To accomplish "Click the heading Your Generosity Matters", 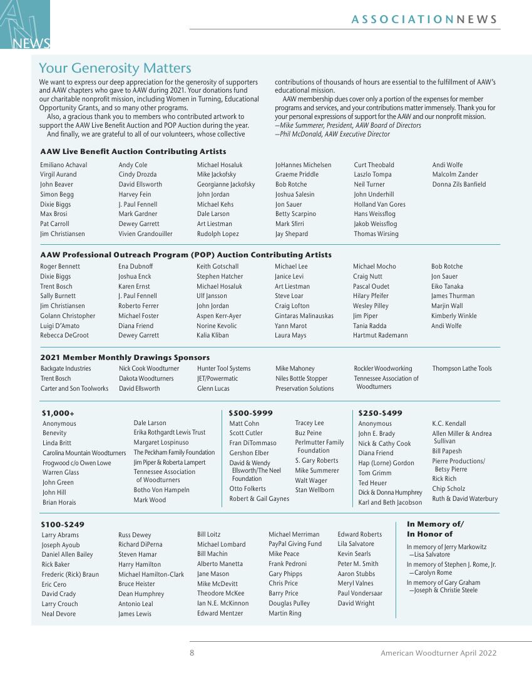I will [115, 68].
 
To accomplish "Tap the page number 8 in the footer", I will [192, 653].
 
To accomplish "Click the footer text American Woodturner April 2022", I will [438, 653].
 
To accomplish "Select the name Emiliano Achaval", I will [63, 165].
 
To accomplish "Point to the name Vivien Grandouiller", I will [145, 234].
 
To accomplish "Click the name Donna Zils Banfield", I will [459, 184].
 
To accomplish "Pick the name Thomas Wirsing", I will [376, 234].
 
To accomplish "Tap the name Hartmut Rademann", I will [380, 335].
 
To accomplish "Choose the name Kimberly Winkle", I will [454, 316].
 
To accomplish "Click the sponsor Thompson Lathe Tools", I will [462, 368].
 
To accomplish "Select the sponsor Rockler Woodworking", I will [383, 368].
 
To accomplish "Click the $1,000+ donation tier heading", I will [58, 413].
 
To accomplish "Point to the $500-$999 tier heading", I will [250, 413].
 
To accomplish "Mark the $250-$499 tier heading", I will [380, 413].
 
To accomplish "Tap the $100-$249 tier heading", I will [62, 524].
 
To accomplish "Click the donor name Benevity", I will [54, 433].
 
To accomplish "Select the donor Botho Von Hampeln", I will [161, 490].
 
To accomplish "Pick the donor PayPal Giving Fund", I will [295, 544].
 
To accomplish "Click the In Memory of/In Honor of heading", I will [435, 529].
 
